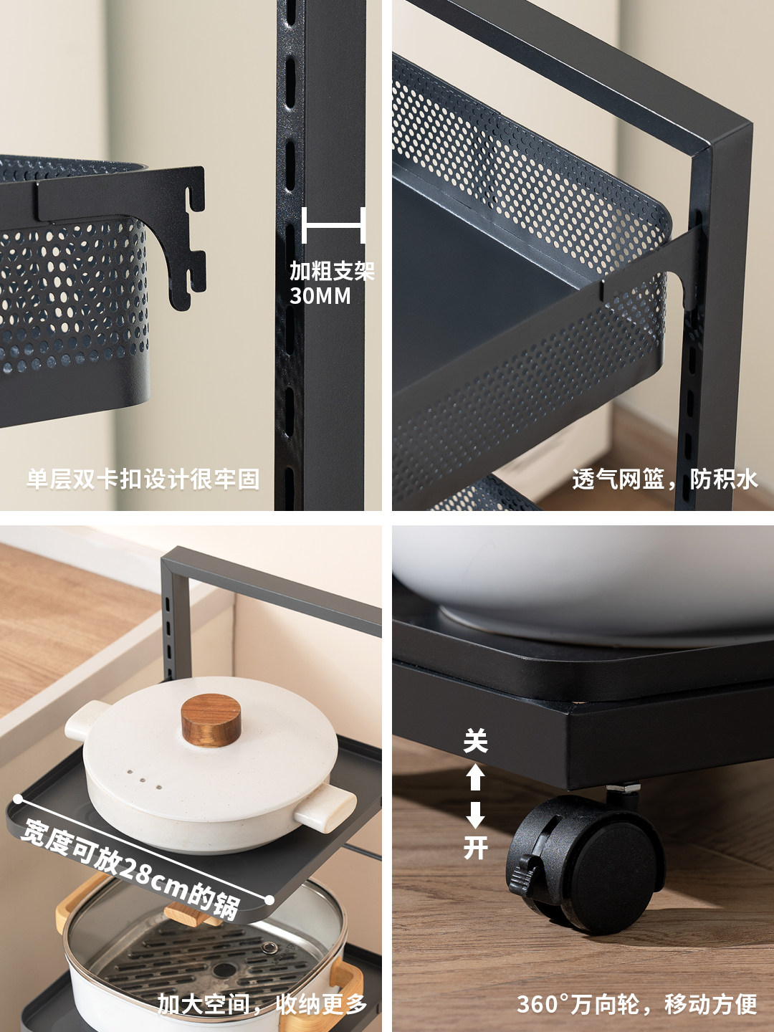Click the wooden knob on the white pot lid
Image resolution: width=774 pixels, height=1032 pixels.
tap(211, 720)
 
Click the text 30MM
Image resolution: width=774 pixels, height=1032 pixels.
tap(320, 296)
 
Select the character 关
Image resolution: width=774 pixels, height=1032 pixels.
tap(476, 740)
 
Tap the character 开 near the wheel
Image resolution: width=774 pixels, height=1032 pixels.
tap(476, 847)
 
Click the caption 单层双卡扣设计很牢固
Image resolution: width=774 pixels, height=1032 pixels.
tap(143, 479)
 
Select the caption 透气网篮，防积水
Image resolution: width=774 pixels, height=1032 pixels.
tap(665, 479)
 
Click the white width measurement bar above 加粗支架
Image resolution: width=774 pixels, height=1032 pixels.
tap(333, 225)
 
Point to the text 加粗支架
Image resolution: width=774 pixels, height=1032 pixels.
tap(332, 272)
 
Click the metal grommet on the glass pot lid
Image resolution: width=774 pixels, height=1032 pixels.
tap(269, 947)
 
